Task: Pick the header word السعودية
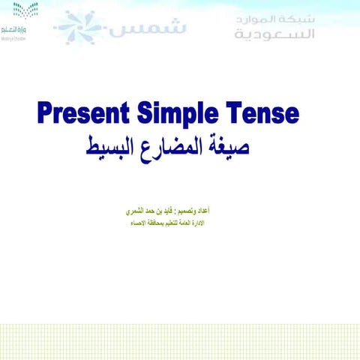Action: tap(274, 34)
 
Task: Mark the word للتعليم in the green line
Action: tap(184, 223)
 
